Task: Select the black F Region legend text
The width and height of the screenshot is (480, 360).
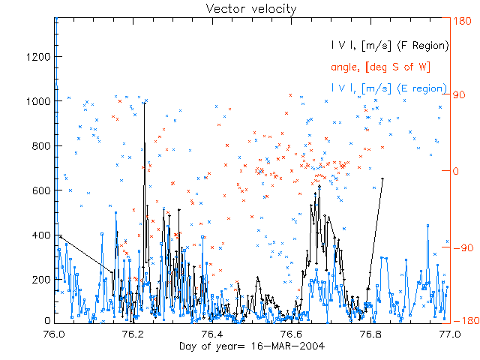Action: tap(390, 46)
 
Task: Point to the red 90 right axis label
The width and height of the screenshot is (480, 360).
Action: tap(458, 96)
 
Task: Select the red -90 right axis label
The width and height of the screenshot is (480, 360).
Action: tap(460, 247)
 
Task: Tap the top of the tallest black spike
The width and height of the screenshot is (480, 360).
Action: tap(145, 102)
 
